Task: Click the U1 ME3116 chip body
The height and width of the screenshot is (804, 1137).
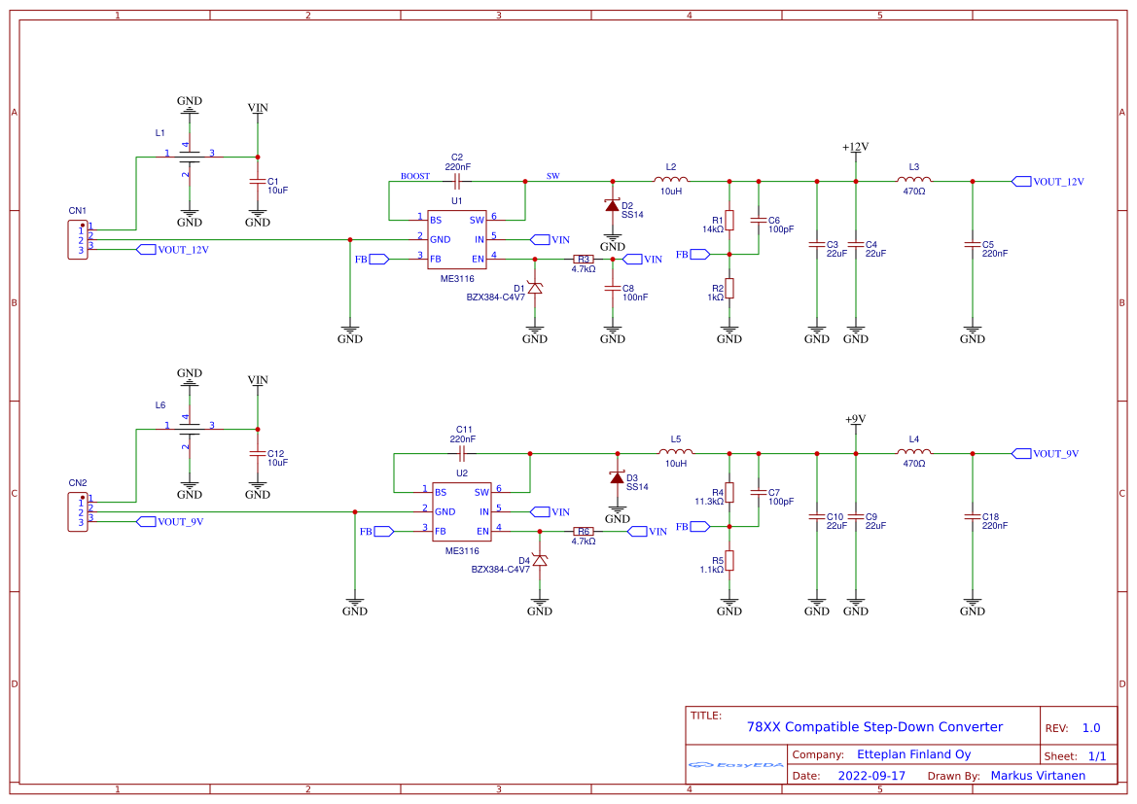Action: [457, 239]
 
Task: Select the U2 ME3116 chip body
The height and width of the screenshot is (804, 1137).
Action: [462, 511]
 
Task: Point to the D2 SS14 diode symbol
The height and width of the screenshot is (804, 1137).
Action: [613, 205]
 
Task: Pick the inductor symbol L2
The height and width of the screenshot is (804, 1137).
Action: [671, 180]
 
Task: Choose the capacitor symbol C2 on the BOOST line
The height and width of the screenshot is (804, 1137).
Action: [457, 181]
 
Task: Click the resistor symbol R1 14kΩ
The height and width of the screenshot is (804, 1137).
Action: [729, 221]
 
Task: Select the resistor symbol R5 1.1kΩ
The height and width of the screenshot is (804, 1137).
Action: [729, 560]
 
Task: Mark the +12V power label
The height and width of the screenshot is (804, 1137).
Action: [855, 148]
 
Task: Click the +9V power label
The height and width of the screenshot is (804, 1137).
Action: [855, 420]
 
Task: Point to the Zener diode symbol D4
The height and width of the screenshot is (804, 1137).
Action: [540, 560]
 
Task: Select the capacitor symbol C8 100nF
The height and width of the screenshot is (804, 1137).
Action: [613, 289]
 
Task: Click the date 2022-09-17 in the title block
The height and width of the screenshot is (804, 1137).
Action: [871, 776]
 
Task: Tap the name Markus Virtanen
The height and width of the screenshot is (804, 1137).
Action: [1038, 776]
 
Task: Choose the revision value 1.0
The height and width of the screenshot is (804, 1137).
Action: [1091, 728]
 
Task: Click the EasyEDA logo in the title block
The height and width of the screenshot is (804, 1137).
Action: [736, 765]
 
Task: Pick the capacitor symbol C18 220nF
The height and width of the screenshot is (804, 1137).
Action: [972, 516]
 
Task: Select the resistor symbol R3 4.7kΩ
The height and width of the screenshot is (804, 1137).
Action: [584, 260]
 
